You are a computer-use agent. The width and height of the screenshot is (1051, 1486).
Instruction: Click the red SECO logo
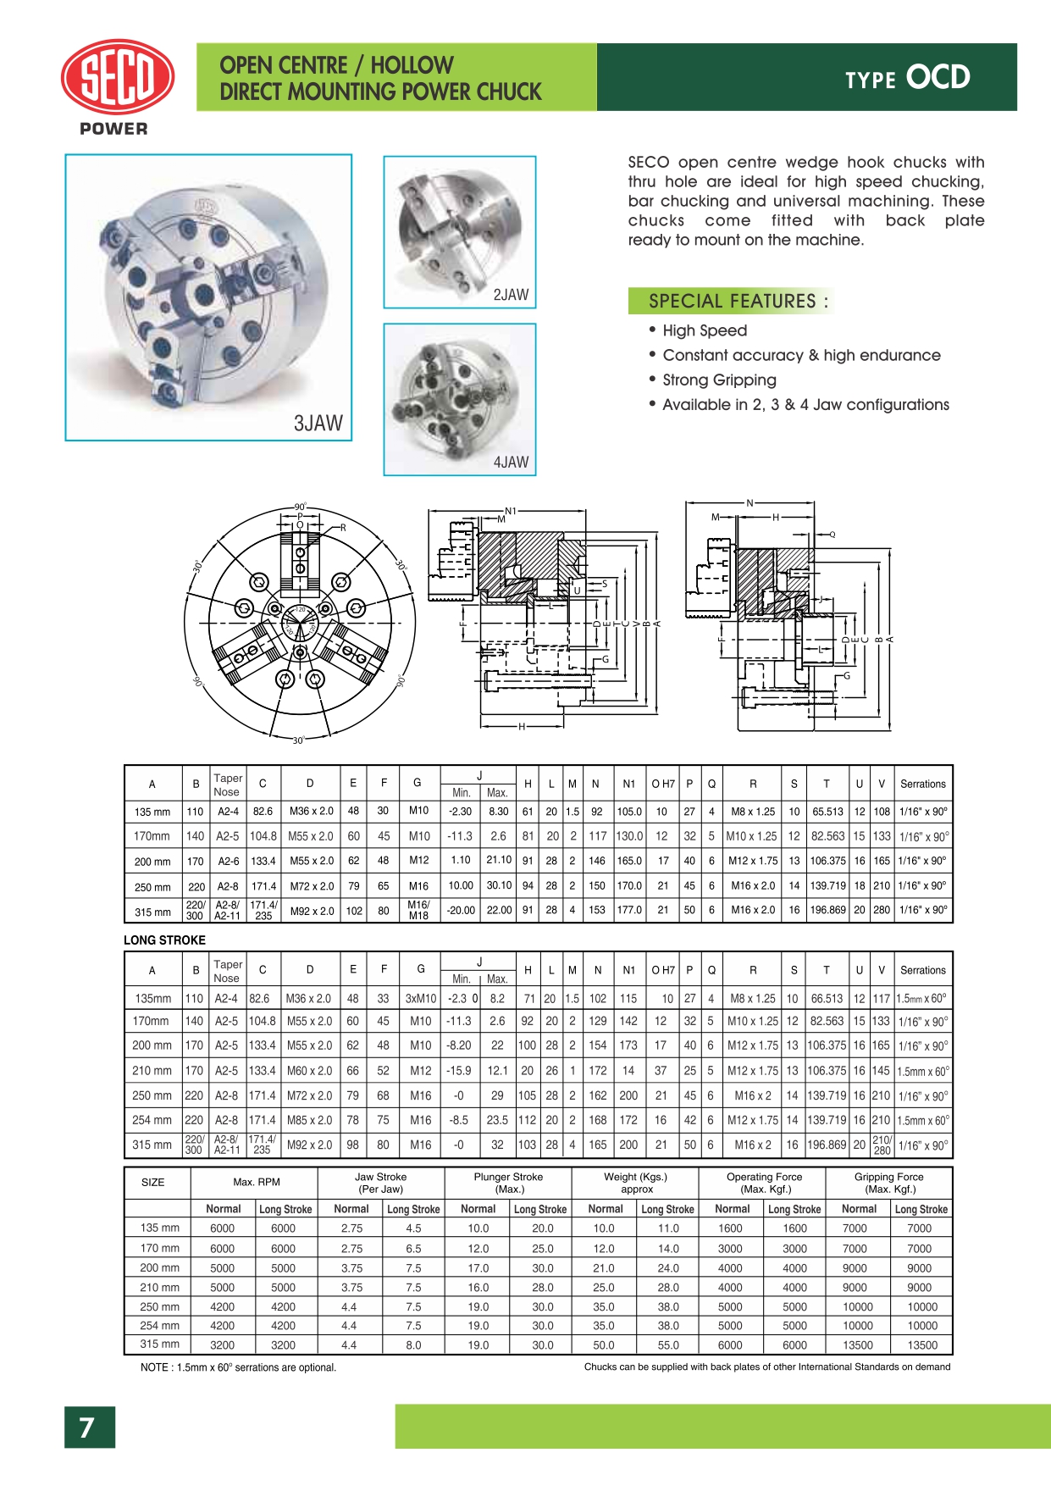point(118,77)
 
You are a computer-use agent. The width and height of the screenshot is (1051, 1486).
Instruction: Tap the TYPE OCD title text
point(907,78)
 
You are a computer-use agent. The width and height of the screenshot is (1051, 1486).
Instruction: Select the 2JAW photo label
point(510,295)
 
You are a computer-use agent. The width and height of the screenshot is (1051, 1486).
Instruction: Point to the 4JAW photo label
point(510,462)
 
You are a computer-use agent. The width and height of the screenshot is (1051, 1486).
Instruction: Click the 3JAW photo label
point(318,423)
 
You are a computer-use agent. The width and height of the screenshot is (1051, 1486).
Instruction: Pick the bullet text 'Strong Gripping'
point(719,380)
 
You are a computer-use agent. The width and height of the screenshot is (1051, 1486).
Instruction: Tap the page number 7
point(88,1428)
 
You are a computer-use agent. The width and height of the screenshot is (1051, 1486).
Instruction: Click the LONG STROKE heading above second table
point(164,940)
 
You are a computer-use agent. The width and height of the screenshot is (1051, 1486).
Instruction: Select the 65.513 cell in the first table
point(827,811)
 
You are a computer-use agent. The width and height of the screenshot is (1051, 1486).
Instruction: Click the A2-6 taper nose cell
point(228,861)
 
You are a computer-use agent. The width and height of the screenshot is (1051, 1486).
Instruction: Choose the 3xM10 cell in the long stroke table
point(420,998)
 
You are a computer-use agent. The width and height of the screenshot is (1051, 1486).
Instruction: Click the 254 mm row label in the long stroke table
point(152,1120)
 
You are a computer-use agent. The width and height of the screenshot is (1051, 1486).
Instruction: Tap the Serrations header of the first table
point(922,785)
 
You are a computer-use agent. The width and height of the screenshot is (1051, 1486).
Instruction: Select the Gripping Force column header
point(888,1183)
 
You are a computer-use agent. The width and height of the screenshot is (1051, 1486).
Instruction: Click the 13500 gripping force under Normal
point(857,1345)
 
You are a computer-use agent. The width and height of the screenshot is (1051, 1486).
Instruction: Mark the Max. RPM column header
point(256,1182)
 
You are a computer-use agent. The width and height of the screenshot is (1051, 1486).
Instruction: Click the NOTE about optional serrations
point(238,1367)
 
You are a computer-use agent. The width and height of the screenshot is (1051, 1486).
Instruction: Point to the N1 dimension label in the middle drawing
point(510,511)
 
